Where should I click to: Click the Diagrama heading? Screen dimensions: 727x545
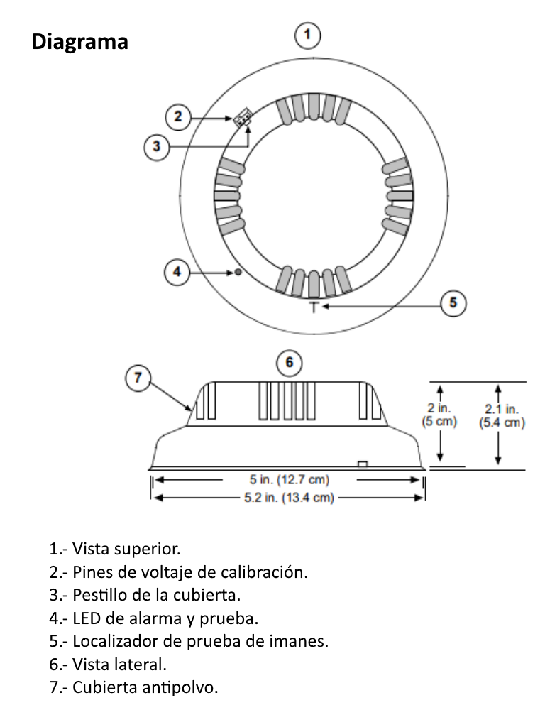pyautogui.click(x=79, y=42)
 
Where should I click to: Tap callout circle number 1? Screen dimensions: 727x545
pyautogui.click(x=307, y=35)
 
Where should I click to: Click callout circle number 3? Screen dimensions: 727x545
pyautogui.click(x=157, y=147)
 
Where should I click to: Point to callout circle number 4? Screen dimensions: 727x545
pyautogui.click(x=177, y=271)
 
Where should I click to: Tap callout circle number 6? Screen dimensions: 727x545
pyautogui.click(x=289, y=362)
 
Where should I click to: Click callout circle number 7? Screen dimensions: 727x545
pyautogui.click(x=138, y=378)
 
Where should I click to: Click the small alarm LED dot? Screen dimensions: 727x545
pyautogui.click(x=238, y=271)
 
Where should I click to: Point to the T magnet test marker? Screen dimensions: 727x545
pyautogui.click(x=314, y=306)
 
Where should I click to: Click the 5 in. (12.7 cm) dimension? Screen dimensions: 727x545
pyautogui.click(x=289, y=480)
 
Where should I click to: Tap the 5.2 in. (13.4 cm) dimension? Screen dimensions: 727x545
pyautogui.click(x=289, y=498)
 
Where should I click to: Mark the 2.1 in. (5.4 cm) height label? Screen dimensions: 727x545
pyautogui.click(x=501, y=416)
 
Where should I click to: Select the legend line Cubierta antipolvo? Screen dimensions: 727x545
pyautogui.click(x=134, y=687)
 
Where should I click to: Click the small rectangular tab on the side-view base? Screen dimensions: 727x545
pyautogui.click(x=363, y=464)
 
